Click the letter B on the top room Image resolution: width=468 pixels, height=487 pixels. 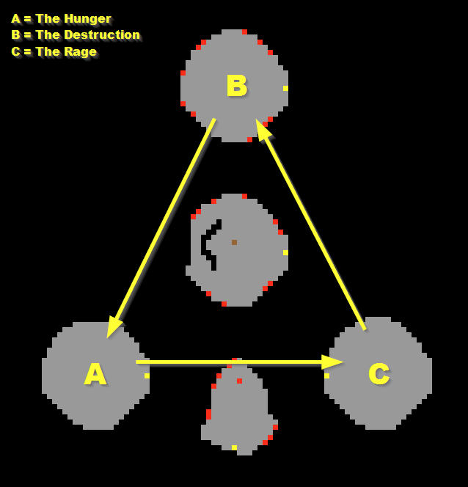[236, 86]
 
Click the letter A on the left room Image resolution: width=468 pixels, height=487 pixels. [95, 374]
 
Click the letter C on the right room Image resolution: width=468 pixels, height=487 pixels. [379, 374]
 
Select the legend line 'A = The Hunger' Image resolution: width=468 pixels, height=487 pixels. [61, 18]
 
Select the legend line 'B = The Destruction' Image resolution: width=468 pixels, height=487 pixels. [76, 34]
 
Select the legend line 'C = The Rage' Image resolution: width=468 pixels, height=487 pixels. [54, 51]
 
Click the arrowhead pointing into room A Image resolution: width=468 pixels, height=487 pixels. [114, 327]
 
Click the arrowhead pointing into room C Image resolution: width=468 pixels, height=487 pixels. [332, 362]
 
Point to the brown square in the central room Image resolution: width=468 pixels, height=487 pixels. [234, 242]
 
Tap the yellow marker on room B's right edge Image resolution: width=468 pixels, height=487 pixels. [285, 88]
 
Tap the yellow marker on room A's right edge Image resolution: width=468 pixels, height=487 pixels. [147, 376]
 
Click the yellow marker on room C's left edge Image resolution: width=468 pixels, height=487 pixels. [326, 376]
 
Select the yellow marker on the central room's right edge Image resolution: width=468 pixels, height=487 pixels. [285, 252]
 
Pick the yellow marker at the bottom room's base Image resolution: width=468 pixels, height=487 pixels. [234, 447]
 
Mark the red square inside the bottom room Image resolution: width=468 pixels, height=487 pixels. [239, 381]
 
